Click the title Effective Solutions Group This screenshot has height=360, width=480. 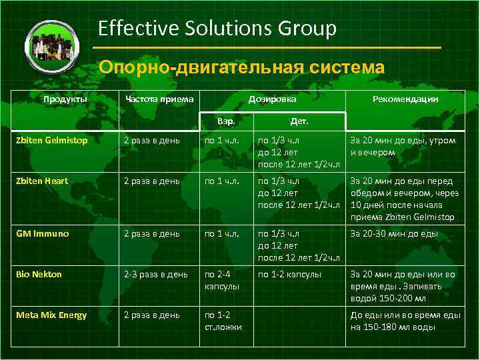[217, 28]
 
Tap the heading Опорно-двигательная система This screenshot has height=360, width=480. [241, 68]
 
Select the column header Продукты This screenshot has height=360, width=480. [65, 99]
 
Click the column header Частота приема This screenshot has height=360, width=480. [160, 99]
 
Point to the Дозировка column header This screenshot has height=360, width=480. [273, 99]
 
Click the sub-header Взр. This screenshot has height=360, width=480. [227, 122]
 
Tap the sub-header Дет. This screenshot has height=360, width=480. [299, 122]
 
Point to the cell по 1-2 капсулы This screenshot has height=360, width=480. [290, 275]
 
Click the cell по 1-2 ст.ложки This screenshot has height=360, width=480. [223, 321]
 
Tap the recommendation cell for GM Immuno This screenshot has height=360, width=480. [395, 234]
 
